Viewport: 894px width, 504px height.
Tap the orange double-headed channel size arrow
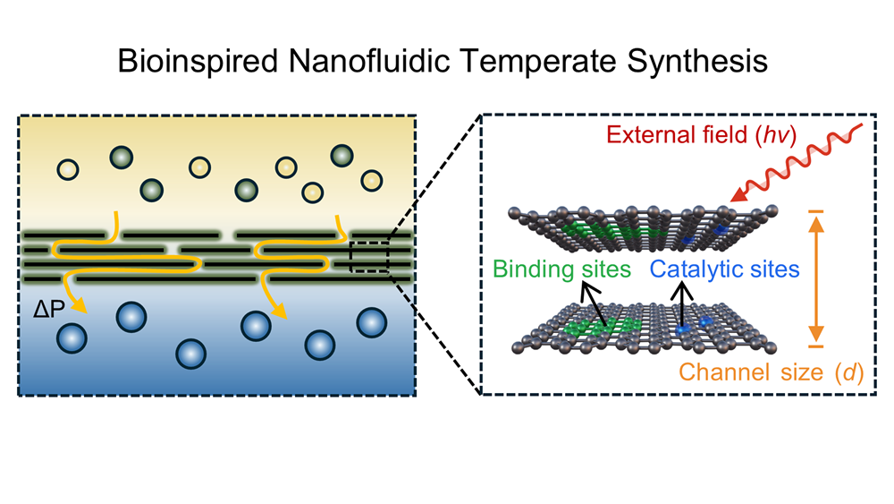pos(814,278)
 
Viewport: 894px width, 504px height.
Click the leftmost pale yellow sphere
pos(67,168)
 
